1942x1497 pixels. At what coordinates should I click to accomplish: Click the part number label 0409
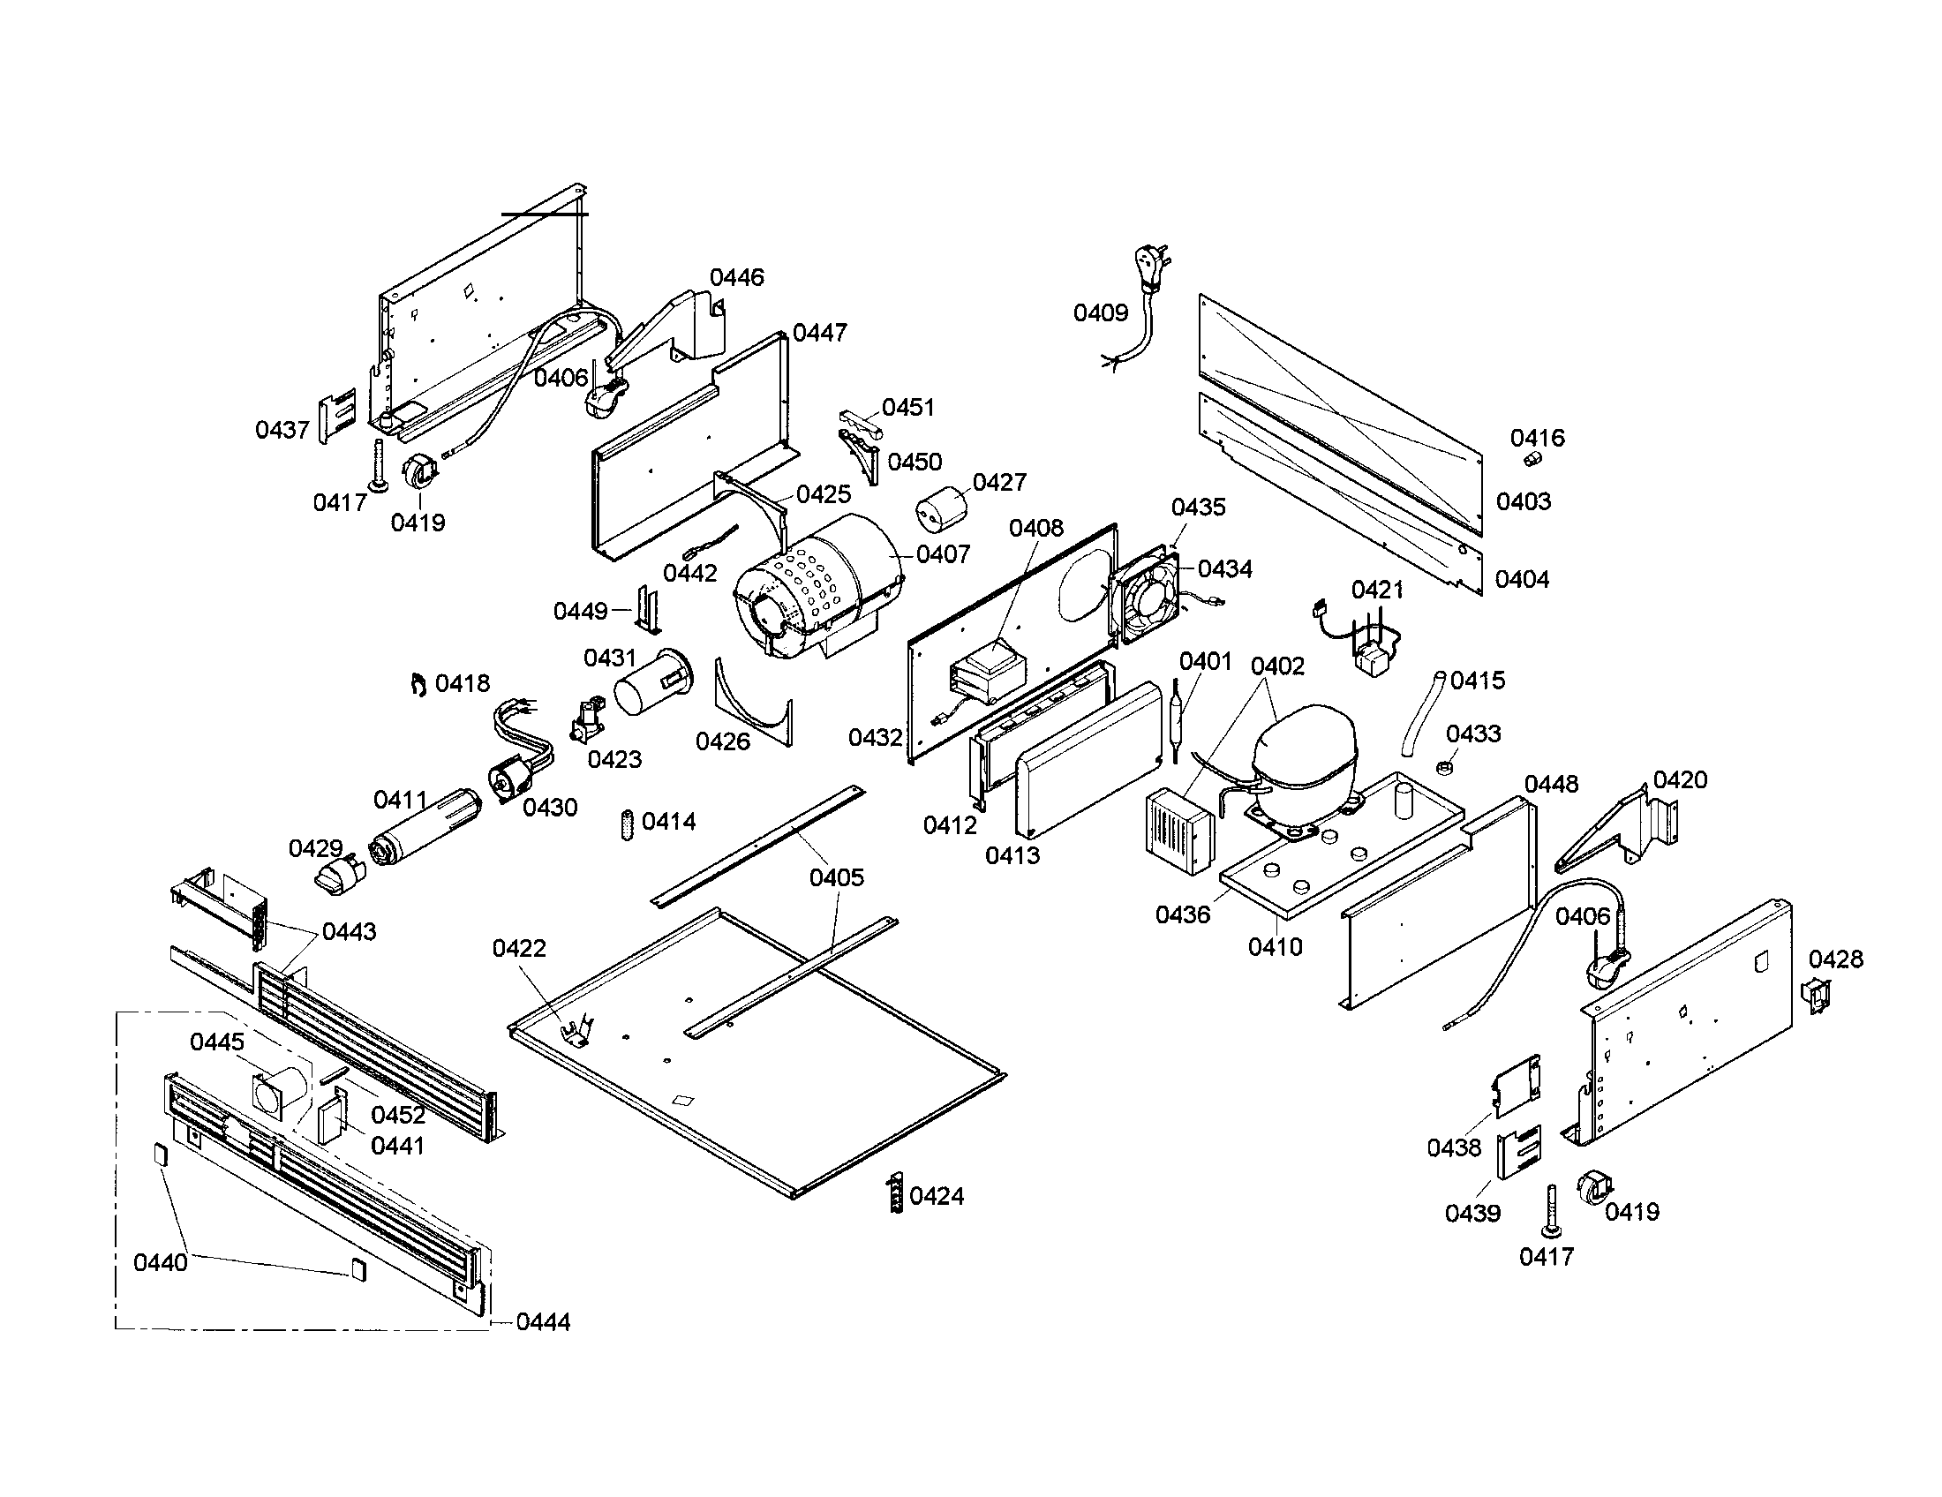pyautogui.click(x=1100, y=313)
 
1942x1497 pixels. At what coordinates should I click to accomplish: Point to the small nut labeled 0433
pyautogui.click(x=1445, y=765)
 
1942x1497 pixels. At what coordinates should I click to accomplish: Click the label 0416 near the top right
pyautogui.click(x=1537, y=438)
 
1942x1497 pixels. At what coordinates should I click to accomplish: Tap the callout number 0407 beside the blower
pyautogui.click(x=943, y=554)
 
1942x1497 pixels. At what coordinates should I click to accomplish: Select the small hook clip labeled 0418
pyautogui.click(x=417, y=684)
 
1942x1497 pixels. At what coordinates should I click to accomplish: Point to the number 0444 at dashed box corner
pyautogui.click(x=542, y=1322)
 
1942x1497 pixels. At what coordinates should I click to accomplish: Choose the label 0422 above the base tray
pyautogui.click(x=519, y=949)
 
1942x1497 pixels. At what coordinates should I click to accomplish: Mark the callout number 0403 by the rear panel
pyautogui.click(x=1524, y=501)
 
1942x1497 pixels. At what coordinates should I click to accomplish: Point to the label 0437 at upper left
pyautogui.click(x=282, y=430)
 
